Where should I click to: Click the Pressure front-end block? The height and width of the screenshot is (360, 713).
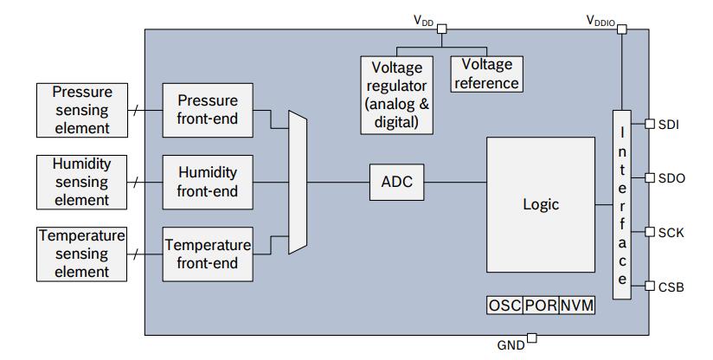pos(207,110)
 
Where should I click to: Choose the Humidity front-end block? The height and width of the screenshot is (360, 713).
pos(207,182)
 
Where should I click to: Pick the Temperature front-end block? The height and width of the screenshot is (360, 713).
pos(208,254)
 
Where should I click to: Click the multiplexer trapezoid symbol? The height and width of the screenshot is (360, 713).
pos(298,182)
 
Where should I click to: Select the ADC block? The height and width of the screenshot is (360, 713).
pos(396,182)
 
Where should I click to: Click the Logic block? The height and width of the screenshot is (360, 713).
pos(541,205)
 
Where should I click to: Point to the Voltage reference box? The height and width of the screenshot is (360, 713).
pos(486,74)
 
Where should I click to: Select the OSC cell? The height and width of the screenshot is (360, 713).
pos(504,305)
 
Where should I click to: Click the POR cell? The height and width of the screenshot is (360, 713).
pos(541,305)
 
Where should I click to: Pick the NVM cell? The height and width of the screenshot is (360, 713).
pos(576,305)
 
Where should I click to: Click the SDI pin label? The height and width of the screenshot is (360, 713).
pos(668,125)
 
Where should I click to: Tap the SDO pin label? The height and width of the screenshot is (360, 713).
pos(671,178)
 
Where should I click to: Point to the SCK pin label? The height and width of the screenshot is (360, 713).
pos(671,232)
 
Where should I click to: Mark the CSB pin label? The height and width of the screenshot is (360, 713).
pos(671,286)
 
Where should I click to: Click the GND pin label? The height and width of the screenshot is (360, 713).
pos(511,344)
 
